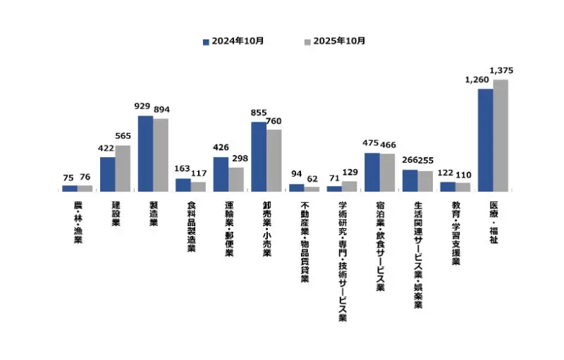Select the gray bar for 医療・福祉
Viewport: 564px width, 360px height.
[x=501, y=135]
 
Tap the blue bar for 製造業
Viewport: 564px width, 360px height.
[x=145, y=154]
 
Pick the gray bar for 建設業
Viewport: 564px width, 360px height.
[x=123, y=168]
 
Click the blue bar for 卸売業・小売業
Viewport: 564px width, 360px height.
[x=259, y=156]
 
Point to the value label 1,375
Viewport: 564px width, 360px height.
[x=501, y=70]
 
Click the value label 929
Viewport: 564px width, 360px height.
[x=143, y=107]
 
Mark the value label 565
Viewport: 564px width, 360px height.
[x=124, y=137]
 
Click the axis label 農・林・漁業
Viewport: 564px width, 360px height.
[x=77, y=223]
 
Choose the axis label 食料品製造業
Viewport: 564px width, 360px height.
[x=190, y=228]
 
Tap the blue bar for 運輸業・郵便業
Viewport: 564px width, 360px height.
[x=221, y=174]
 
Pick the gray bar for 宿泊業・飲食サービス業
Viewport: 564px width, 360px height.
[x=387, y=173]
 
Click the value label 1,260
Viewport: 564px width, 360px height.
[x=477, y=80]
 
